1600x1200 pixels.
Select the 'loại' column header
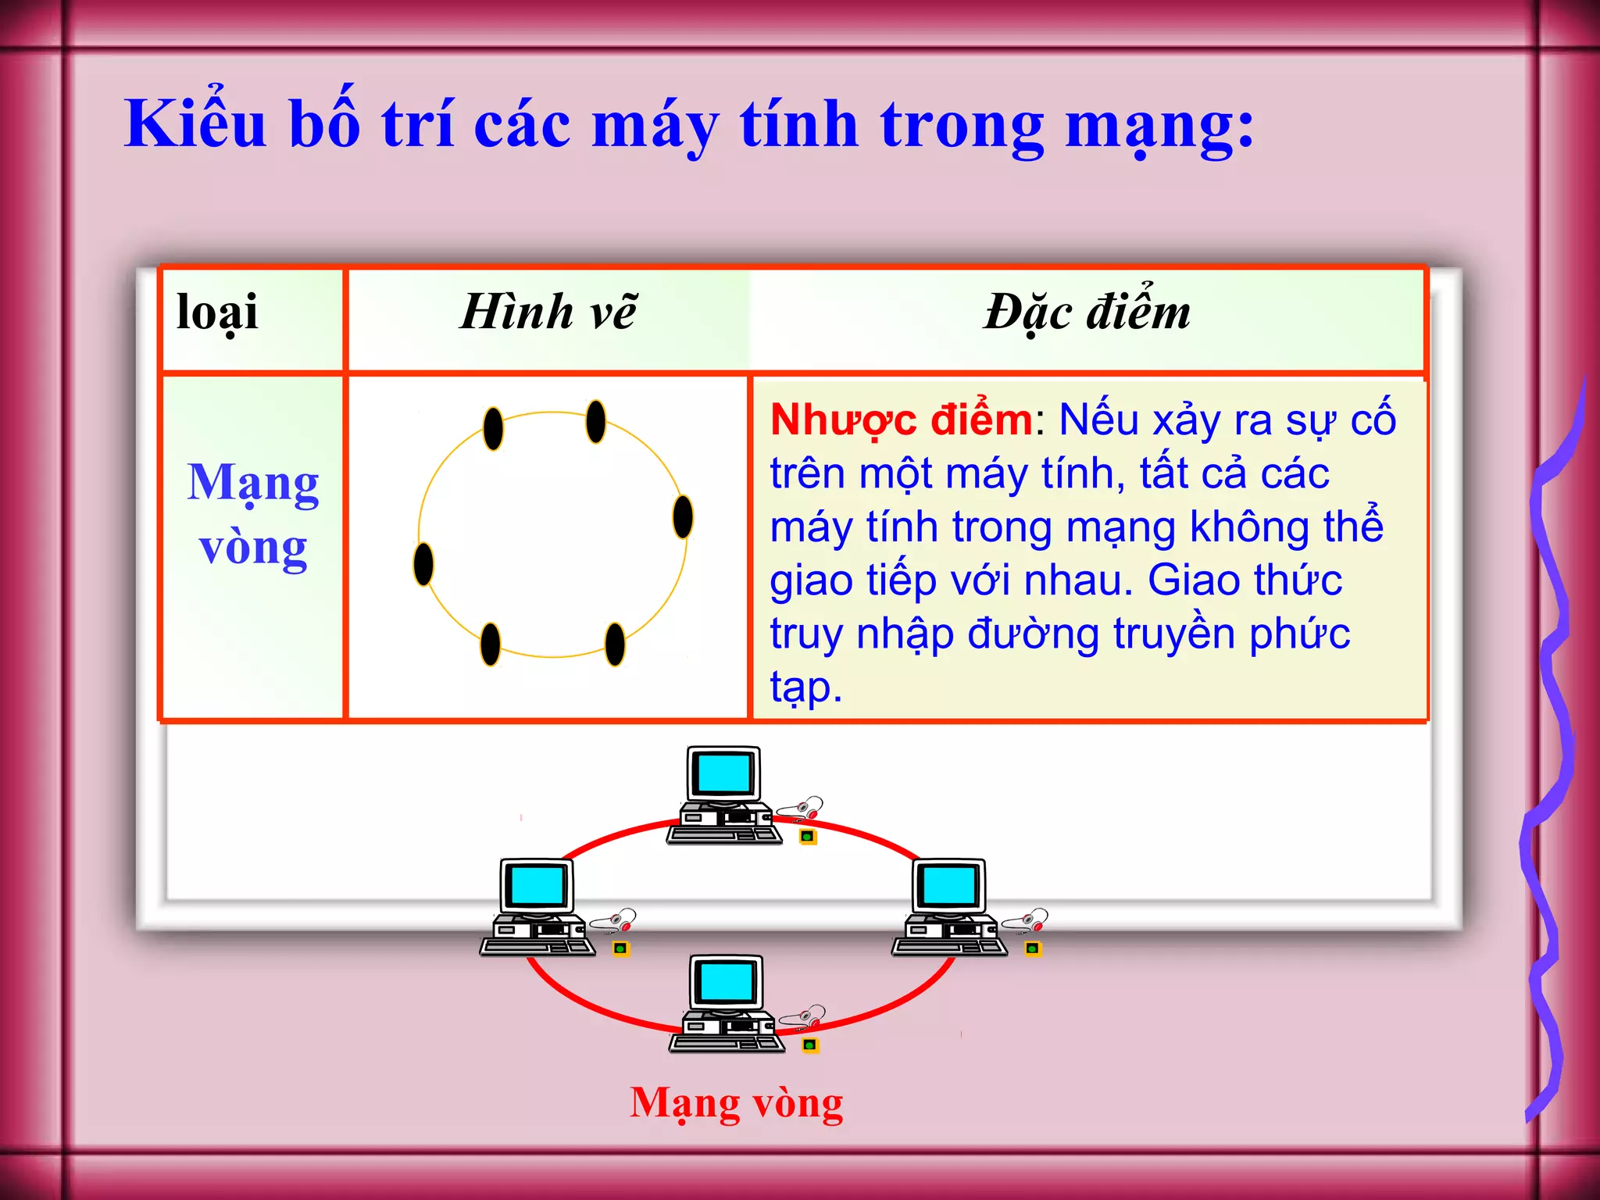[x=217, y=312]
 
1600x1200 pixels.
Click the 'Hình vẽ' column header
[x=548, y=312]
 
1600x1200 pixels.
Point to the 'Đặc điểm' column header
[x=1087, y=312]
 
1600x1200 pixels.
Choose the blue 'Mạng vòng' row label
[x=253, y=514]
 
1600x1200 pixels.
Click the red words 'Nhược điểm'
[x=902, y=420]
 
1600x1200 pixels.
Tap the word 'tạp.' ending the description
[x=805, y=687]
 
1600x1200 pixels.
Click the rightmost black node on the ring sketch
[x=683, y=516]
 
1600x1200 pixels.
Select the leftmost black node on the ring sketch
[x=423, y=564]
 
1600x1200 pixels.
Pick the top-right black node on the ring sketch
[x=596, y=421]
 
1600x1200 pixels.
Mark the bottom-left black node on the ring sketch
[x=491, y=644]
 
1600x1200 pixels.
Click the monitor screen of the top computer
[x=724, y=773]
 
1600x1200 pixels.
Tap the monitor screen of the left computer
[x=537, y=886]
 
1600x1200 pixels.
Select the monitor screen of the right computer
[x=949, y=886]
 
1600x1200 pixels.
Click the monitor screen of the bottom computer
[x=727, y=981]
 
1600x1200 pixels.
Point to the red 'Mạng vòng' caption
[x=737, y=1103]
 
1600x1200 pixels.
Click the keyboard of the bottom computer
[x=727, y=1045]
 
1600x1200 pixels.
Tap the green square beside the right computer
[x=1033, y=949]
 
